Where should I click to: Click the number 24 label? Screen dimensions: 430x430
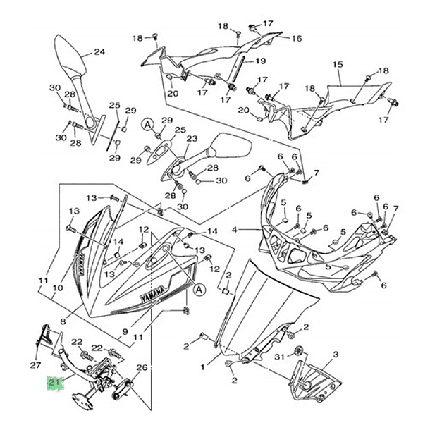pos(99,51)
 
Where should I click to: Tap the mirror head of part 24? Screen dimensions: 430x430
pos(68,56)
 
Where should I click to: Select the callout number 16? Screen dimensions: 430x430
pos(297,38)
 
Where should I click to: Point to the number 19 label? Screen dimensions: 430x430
pos(260,61)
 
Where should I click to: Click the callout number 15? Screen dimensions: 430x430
pos(337,65)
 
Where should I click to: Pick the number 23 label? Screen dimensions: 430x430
pos(190,140)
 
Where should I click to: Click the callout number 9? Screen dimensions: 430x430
pos(127,332)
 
